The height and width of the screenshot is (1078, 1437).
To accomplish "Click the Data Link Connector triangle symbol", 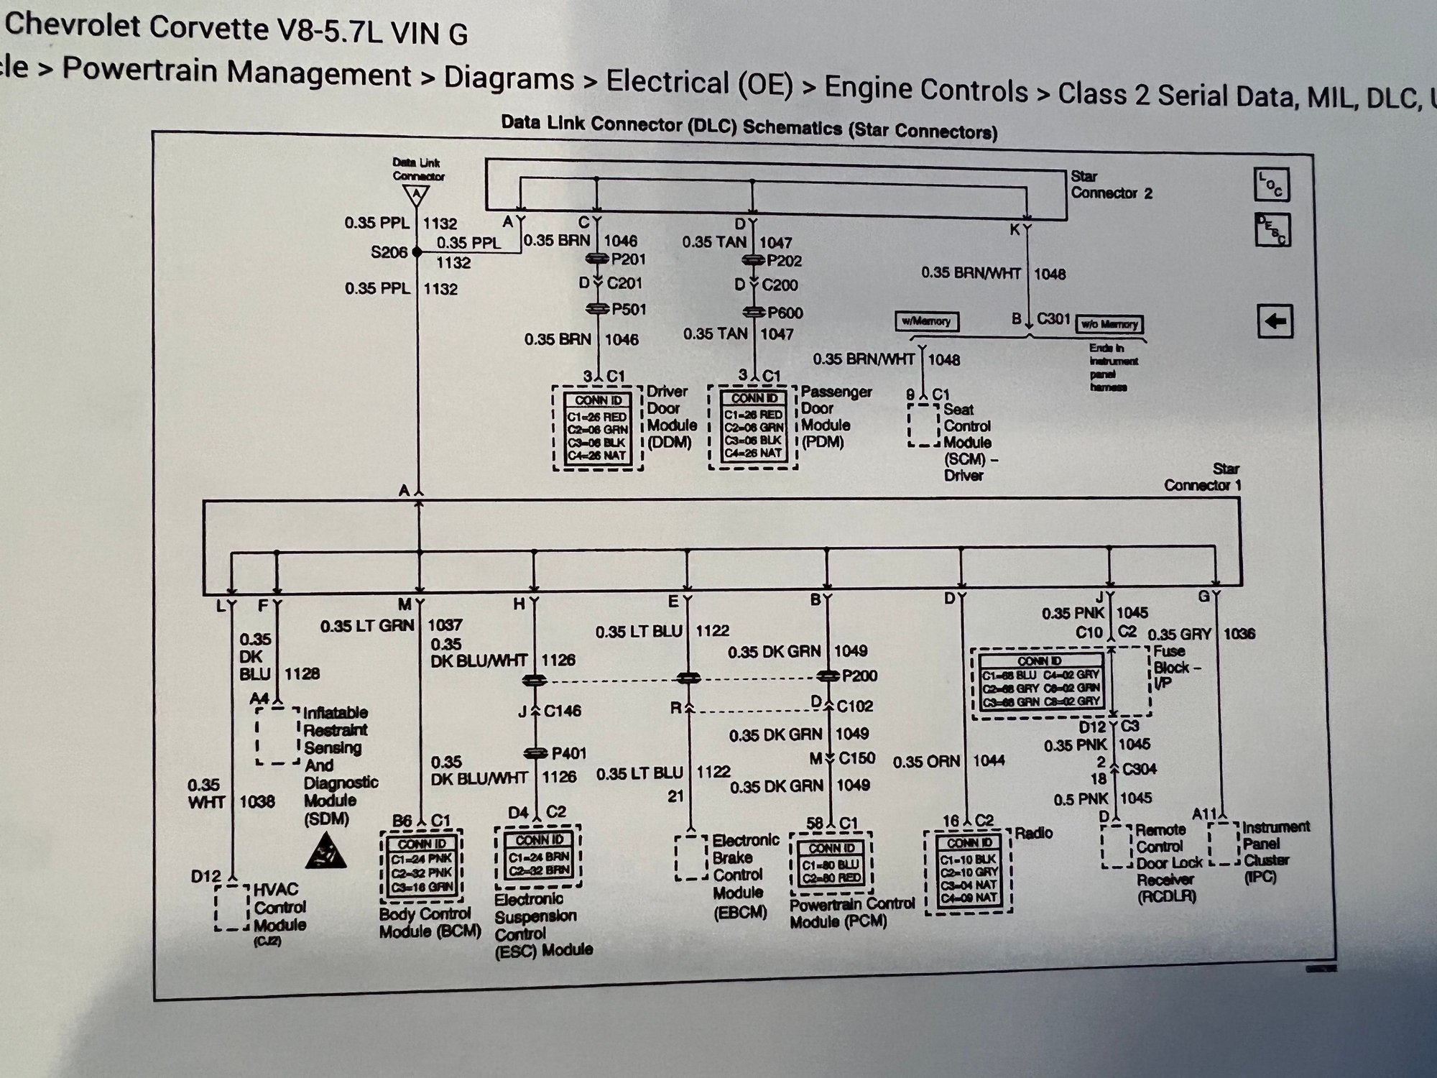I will point(416,194).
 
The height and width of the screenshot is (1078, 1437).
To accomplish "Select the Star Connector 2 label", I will point(1111,185).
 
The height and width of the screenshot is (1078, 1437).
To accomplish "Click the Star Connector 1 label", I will point(1202,477).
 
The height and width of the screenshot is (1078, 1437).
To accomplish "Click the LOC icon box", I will point(1272,185).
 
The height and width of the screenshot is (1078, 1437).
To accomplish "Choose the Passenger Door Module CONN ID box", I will point(753,428).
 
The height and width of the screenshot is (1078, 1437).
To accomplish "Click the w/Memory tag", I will point(927,321).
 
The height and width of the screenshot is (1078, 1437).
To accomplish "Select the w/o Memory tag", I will point(1109,325).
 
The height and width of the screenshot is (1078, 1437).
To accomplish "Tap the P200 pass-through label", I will point(859,676).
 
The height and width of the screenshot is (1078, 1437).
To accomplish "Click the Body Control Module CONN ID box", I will point(422,865).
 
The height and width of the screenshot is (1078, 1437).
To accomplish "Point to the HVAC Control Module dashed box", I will point(232,908).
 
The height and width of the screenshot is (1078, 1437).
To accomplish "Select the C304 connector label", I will point(1139,769).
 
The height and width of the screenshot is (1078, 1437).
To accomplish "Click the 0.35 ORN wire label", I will point(927,761).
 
